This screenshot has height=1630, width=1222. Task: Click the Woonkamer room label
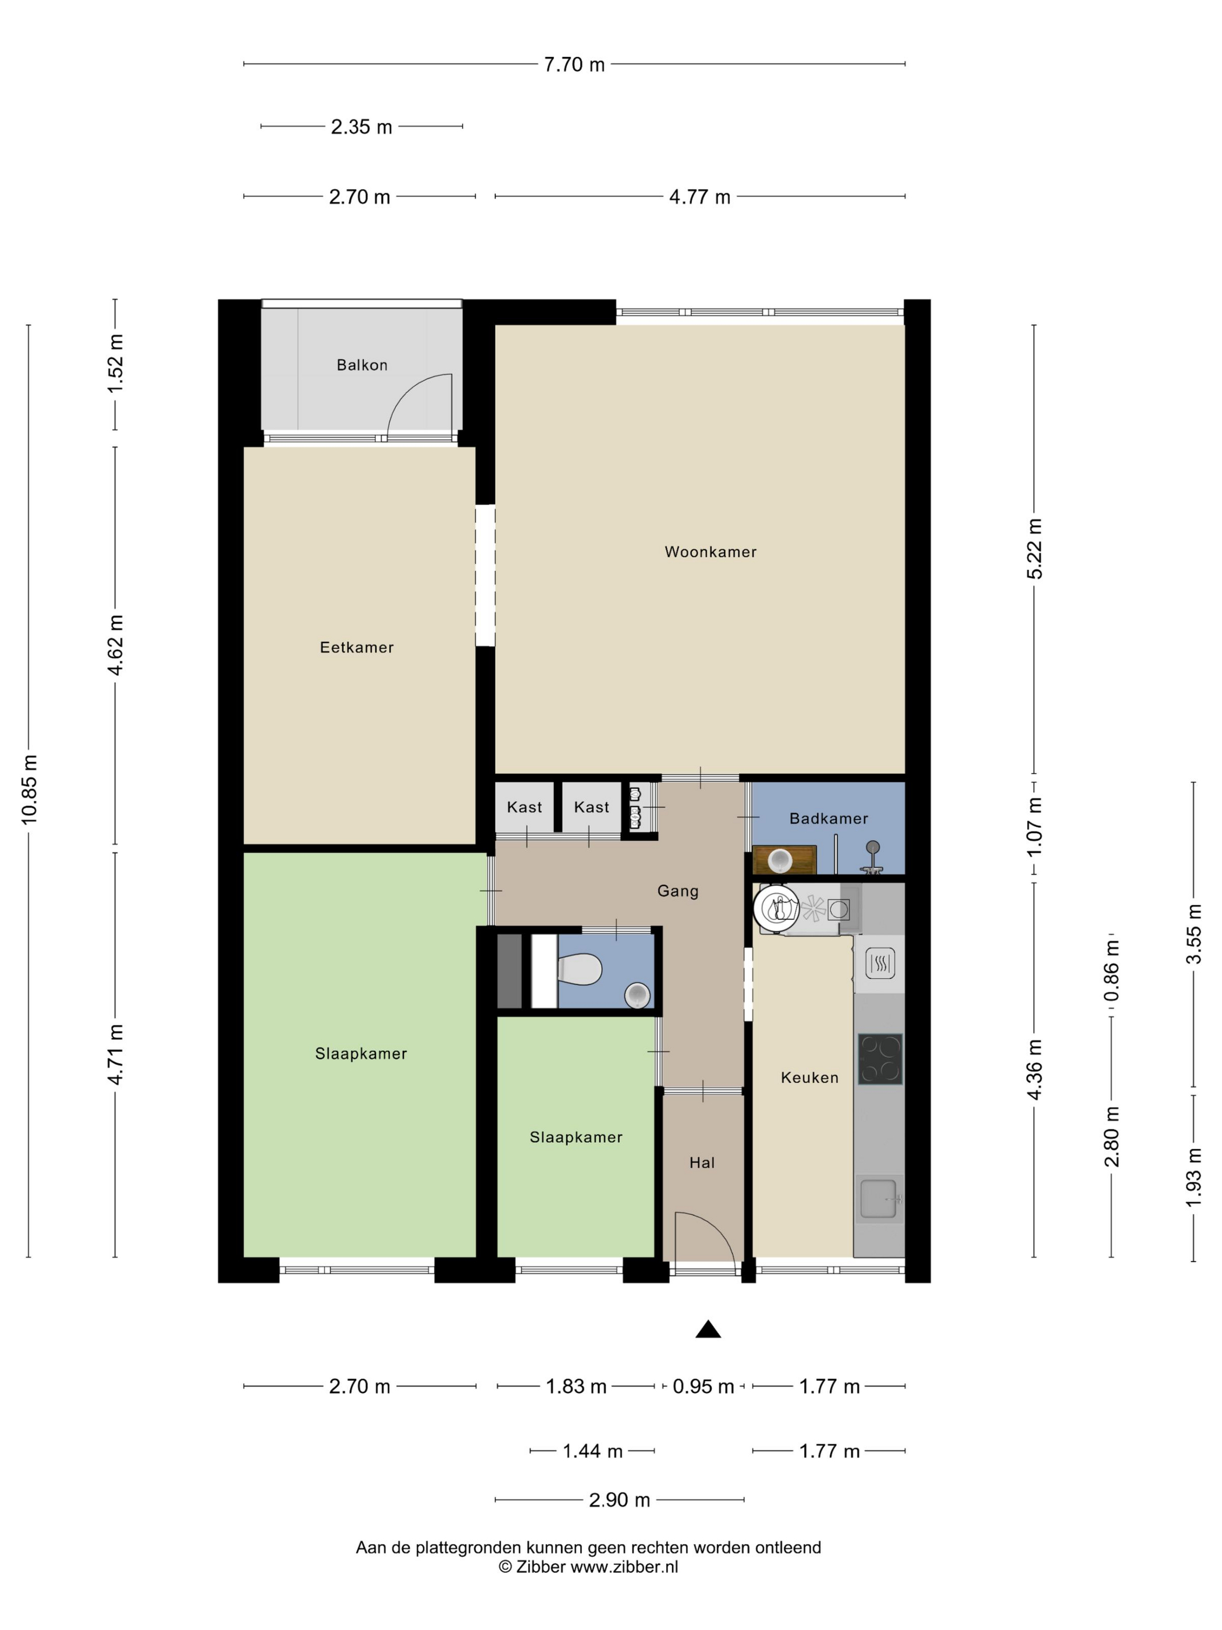(710, 552)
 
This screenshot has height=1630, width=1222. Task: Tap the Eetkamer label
(357, 647)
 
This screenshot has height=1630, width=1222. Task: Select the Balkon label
(362, 365)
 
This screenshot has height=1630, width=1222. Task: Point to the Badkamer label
(828, 818)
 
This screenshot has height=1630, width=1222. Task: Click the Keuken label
(809, 1078)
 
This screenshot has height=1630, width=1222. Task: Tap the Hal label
(702, 1163)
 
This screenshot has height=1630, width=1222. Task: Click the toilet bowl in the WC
(580, 969)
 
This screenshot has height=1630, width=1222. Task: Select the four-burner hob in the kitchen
(879, 1059)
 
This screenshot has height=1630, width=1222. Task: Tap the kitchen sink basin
(879, 1198)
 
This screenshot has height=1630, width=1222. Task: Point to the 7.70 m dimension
(574, 65)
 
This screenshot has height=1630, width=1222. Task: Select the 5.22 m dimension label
(1034, 549)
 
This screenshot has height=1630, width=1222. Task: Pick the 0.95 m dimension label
(704, 1386)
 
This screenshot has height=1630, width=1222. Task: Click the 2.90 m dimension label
(620, 1500)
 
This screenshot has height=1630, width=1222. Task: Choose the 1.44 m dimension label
(592, 1451)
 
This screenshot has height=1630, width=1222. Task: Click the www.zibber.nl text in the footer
(624, 1567)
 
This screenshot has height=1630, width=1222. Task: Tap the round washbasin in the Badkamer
(779, 860)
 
